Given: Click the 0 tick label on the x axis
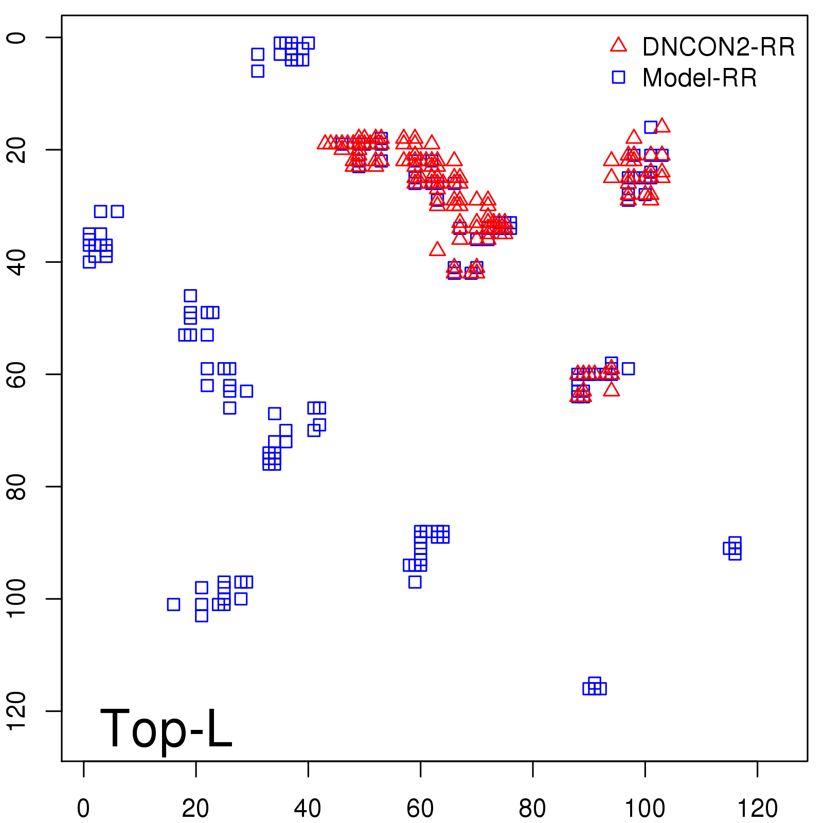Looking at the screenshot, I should coord(83,809).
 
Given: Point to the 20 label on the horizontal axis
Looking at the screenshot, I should coord(195,809).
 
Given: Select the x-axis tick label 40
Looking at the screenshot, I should coord(308,809).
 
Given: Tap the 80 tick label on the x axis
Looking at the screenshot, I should coord(532,809).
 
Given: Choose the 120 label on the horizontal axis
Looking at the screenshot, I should coord(757,809).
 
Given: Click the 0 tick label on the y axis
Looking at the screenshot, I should coord(17,38).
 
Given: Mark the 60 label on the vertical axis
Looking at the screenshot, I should coord(17,374).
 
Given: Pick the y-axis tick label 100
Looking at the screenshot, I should coord(17,599).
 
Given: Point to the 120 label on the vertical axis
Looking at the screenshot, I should coord(17,711).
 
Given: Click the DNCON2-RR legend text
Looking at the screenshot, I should coord(718,47).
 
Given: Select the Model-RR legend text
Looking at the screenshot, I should coord(700,78).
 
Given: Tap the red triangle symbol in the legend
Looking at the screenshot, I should coord(618,45).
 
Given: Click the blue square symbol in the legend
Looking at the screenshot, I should coord(618,77).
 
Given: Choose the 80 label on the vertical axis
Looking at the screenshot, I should coord(17,486).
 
